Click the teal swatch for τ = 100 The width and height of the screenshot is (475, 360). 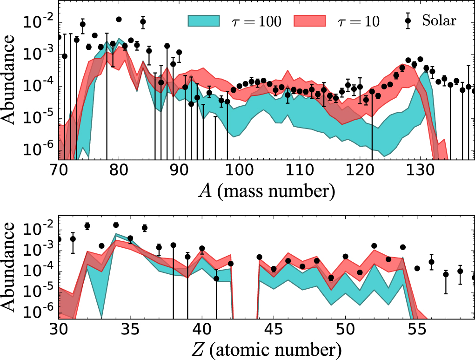tap(204, 20)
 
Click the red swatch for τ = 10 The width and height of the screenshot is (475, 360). tap(310, 20)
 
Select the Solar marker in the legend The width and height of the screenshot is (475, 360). tap(408, 20)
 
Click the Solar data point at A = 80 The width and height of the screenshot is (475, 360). tap(119, 20)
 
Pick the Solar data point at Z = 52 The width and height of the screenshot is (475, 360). tap(374, 245)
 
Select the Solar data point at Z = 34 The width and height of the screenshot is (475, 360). tap(116, 225)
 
